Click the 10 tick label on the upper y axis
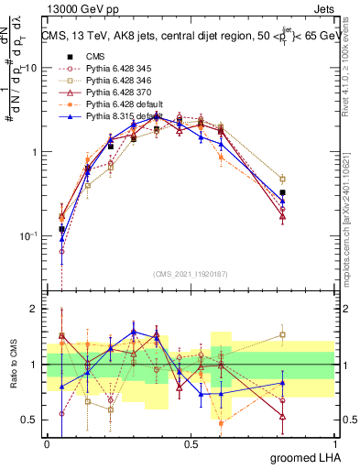click(29, 68)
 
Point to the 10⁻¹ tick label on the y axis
click(27, 235)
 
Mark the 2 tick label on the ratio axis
click(35, 310)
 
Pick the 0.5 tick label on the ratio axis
click(29, 420)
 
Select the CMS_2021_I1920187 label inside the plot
click(190, 272)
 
